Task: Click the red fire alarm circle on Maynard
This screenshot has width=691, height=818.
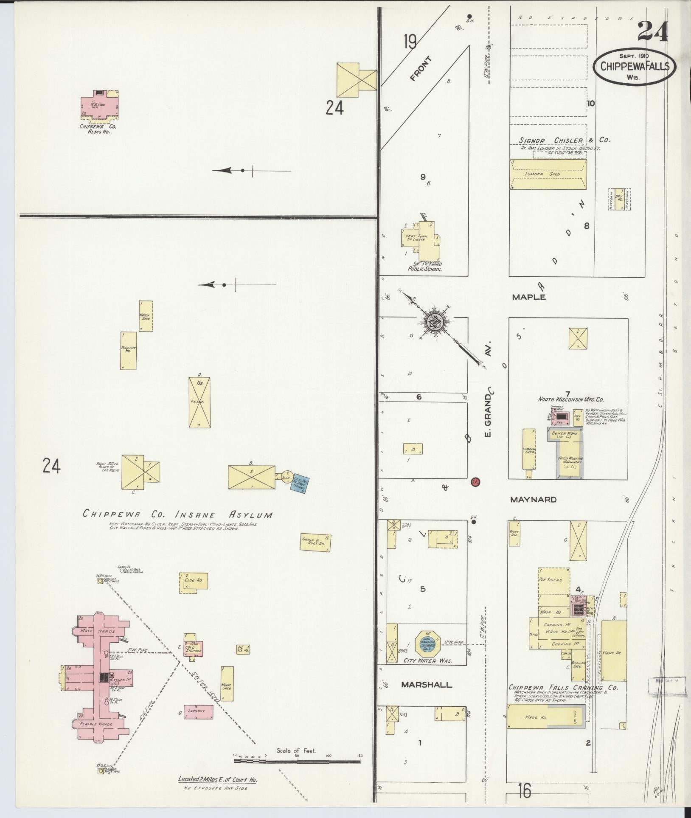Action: (475, 482)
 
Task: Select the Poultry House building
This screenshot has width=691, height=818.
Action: (129, 351)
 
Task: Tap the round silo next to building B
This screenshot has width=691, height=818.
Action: (286, 476)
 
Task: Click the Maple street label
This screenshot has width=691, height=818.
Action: (528, 297)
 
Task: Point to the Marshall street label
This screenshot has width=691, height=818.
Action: (427, 685)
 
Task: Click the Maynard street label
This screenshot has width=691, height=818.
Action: (533, 500)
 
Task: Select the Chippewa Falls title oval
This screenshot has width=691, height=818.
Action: (635, 67)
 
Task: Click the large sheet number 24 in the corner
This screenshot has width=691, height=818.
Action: (652, 32)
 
